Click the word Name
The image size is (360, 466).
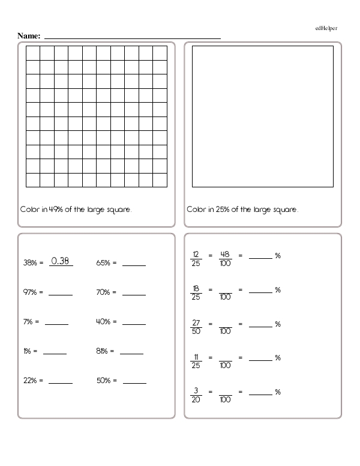coord(29,36)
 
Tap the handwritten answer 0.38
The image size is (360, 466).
coord(61,261)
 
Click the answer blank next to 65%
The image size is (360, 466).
coord(134,263)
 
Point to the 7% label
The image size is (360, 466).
coord(28,321)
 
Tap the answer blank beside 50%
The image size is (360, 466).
coord(134,381)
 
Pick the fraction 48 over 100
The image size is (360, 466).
coord(225,256)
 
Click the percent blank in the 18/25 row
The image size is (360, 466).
coord(260,291)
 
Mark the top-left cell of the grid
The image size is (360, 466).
coord(33,52)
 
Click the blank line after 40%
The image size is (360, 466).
coord(134,322)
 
